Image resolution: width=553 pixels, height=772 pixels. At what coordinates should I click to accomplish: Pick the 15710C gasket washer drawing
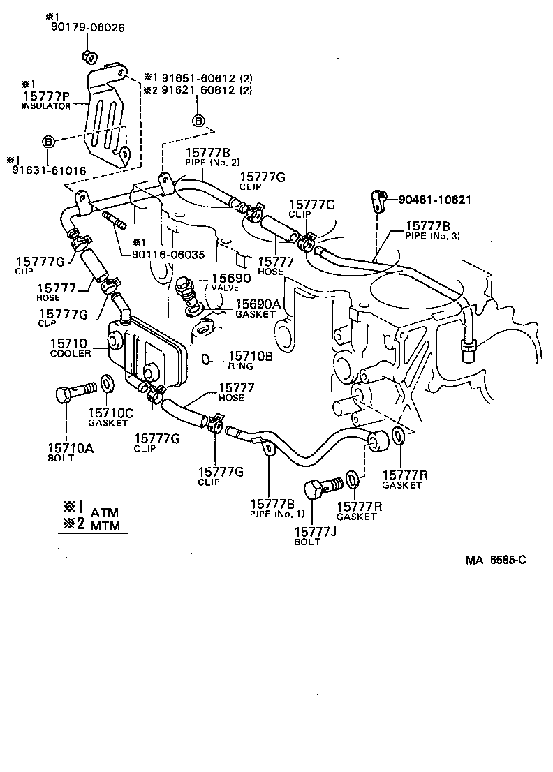tap(108, 385)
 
